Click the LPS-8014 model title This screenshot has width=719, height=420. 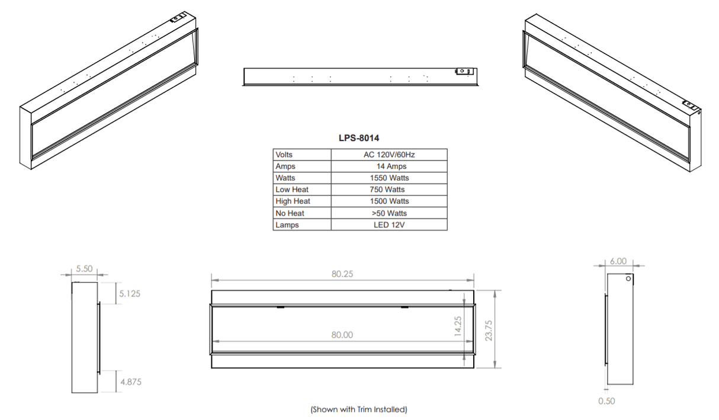tap(359, 138)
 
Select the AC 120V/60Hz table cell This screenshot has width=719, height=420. tap(389, 155)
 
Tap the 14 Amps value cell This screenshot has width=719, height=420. tap(391, 166)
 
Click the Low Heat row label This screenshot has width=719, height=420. tap(291, 190)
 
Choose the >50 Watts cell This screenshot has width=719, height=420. tap(389, 213)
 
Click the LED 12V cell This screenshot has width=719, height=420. tap(389, 225)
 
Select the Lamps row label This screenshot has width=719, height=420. tap(287, 225)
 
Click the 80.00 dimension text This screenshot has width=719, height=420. tap(342, 335)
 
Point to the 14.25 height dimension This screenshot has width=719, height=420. tap(458, 326)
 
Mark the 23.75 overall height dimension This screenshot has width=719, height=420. tap(489, 328)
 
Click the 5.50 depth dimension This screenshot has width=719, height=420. tap(85, 269)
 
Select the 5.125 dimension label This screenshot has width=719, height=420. tap(130, 293)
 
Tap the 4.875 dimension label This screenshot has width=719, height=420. tap(130, 382)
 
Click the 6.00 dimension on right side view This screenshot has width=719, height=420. tap(618, 261)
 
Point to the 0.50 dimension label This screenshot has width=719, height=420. tap(606, 401)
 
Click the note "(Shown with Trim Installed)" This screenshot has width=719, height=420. tap(359, 409)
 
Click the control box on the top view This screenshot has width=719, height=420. tap(463, 72)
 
